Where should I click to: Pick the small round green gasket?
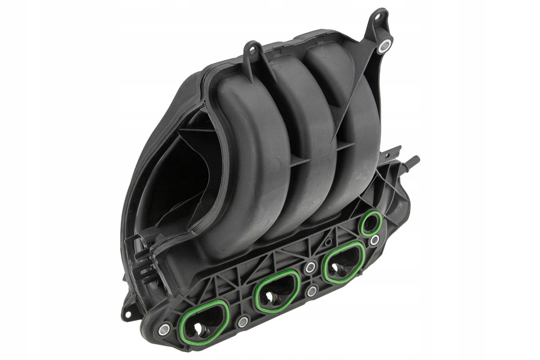click(x=370, y=223)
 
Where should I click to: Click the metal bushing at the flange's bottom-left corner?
click(x=164, y=330)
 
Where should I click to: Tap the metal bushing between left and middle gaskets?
click(x=242, y=321)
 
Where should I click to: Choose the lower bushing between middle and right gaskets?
click(x=312, y=291)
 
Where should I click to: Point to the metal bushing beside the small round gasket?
click(x=374, y=240)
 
